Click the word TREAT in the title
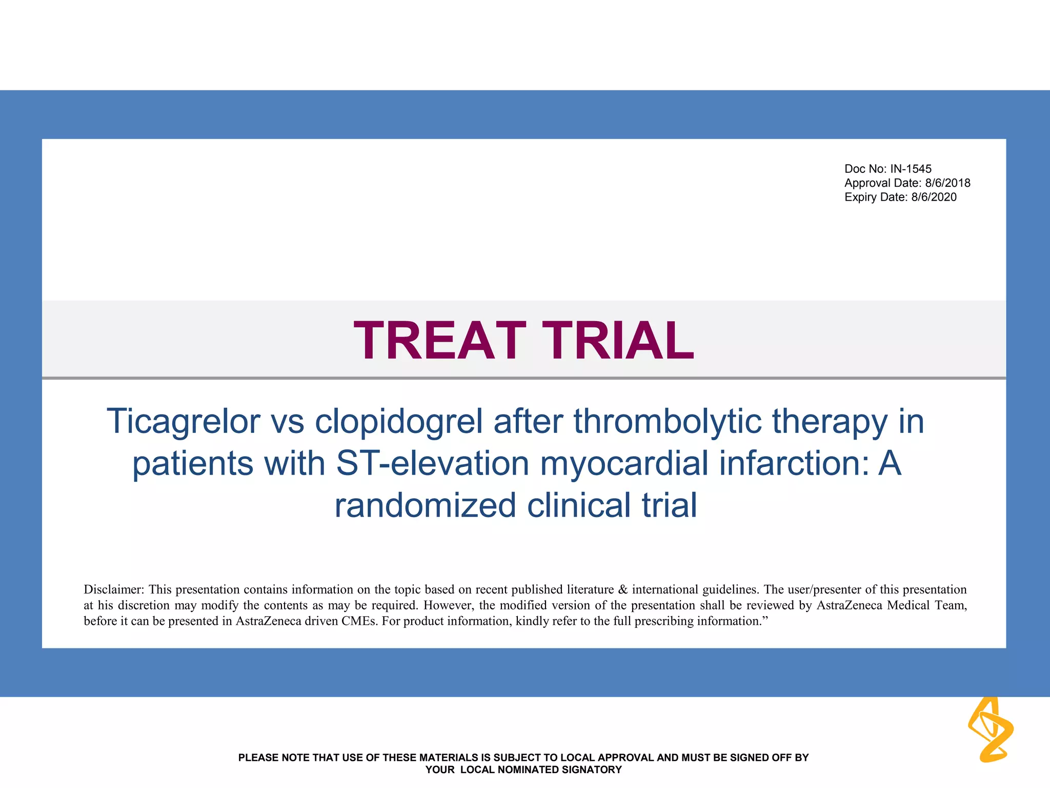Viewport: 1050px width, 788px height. pyautogui.click(x=440, y=341)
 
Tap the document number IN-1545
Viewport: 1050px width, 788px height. pyautogui.click(x=911, y=169)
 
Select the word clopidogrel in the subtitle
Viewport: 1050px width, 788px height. pyautogui.click(x=398, y=422)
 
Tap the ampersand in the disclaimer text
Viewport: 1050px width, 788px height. pyautogui.click(x=623, y=589)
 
